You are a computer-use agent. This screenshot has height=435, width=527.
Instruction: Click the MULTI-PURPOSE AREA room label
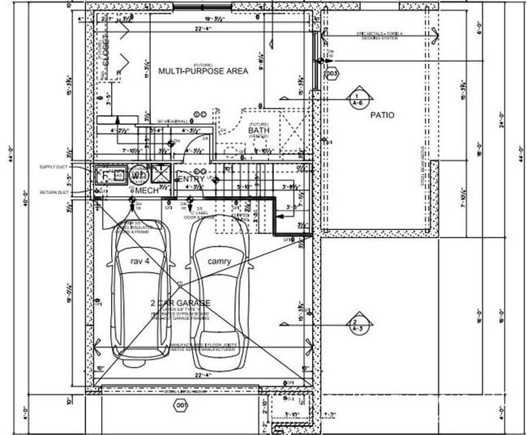203,71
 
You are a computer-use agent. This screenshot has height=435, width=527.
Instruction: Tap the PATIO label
382,116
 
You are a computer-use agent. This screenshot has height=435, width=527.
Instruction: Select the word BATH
259,130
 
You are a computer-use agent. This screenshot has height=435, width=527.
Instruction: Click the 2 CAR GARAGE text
180,303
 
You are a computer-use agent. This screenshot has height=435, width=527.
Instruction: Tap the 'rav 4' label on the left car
140,262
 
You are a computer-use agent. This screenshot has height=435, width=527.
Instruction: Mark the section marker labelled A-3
355,326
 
